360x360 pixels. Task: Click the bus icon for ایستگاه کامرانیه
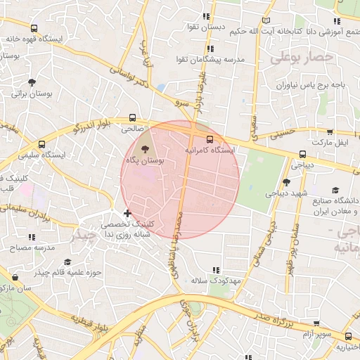210,138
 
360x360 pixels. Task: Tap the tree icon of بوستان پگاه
145,149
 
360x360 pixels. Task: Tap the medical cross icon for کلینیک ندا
127,213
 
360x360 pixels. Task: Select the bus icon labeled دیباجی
303,154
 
